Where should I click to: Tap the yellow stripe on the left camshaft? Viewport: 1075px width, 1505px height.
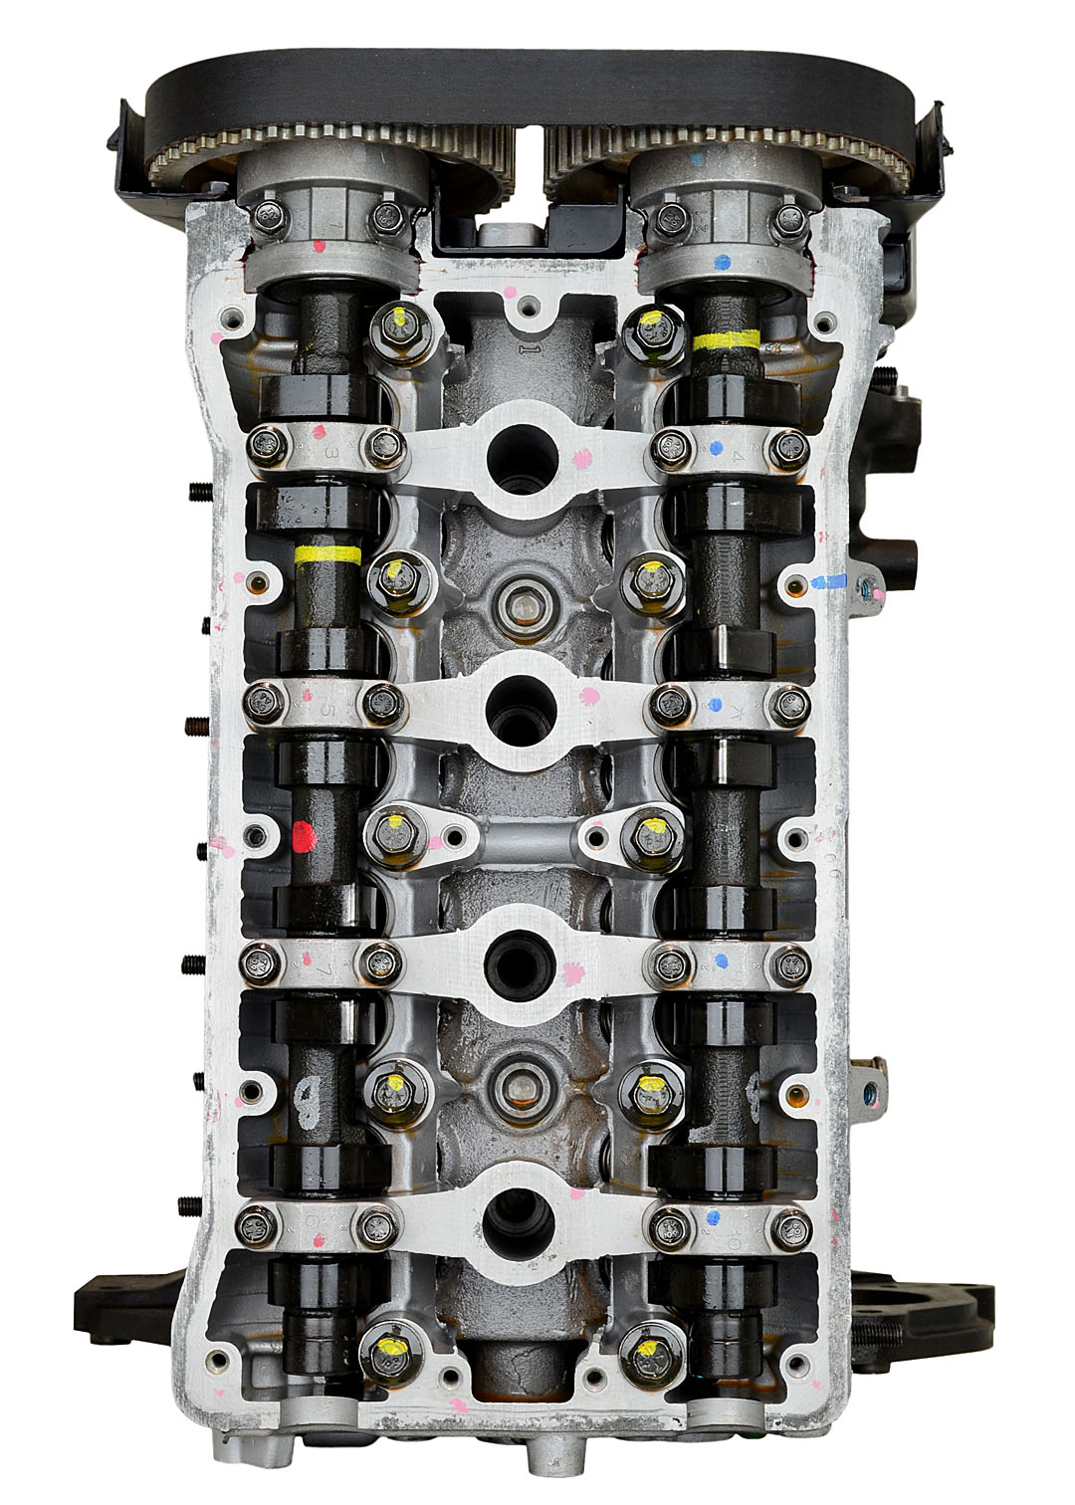(x=327, y=555)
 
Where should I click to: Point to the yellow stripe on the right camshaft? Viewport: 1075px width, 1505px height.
(x=726, y=340)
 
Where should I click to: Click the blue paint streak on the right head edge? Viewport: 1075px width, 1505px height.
(x=828, y=580)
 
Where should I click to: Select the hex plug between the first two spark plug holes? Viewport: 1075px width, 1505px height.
(x=519, y=603)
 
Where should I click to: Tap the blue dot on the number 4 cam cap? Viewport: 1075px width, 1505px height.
(x=717, y=447)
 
